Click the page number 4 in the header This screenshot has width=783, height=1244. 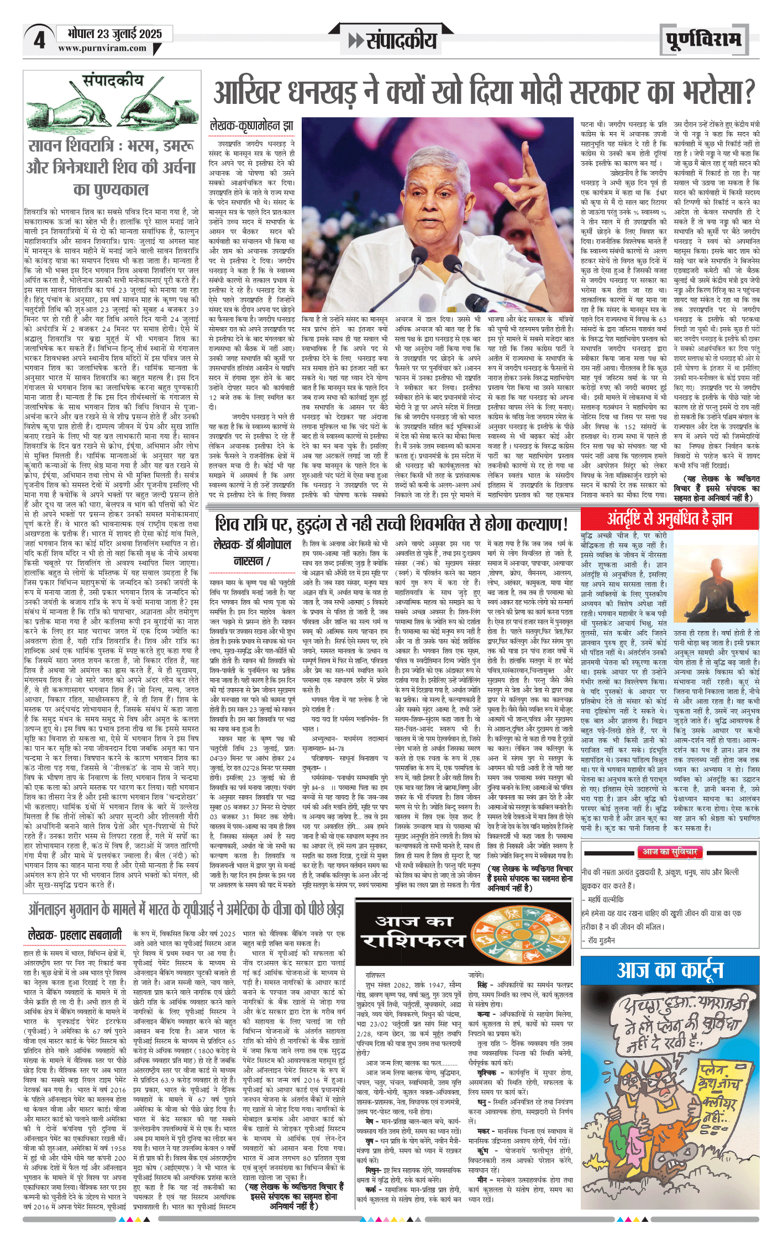[x=39, y=40]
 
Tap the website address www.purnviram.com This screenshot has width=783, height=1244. [x=102, y=49]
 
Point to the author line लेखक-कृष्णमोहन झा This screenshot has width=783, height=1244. [x=251, y=127]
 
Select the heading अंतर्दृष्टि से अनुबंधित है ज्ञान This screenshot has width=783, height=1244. [x=670, y=518]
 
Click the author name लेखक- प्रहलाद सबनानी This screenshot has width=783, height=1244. [x=75, y=935]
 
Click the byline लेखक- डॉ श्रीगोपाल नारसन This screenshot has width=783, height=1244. [x=252, y=553]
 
